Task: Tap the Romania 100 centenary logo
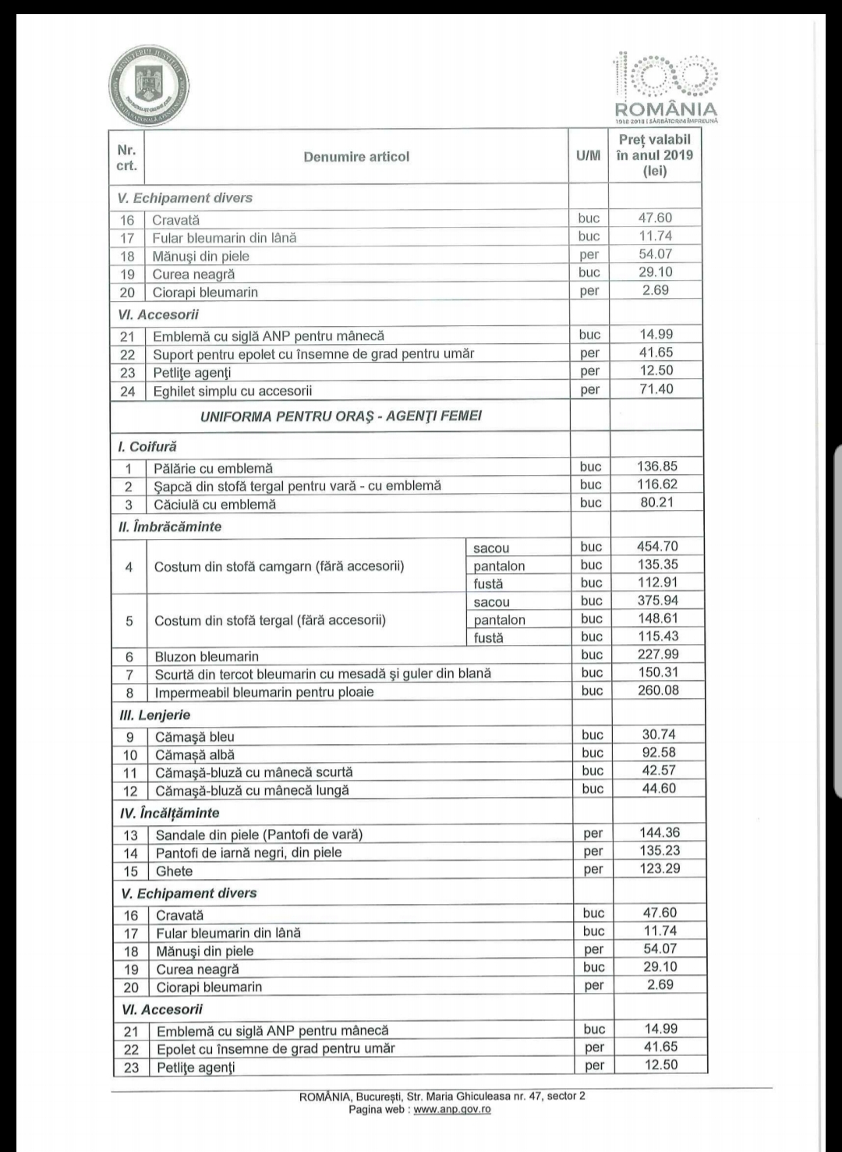pyautogui.click(x=665, y=86)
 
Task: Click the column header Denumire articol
pyautogui.click(x=356, y=157)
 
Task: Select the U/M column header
pyautogui.click(x=588, y=156)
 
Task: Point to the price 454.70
pyautogui.click(x=657, y=547)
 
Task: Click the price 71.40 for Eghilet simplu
pyautogui.click(x=656, y=389)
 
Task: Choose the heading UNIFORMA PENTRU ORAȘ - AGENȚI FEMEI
pyautogui.click(x=341, y=416)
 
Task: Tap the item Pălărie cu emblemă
pyautogui.click(x=213, y=468)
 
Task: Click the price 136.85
pyautogui.click(x=657, y=466)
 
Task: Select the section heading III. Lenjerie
pyautogui.click(x=154, y=714)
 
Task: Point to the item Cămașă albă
pyautogui.click(x=194, y=755)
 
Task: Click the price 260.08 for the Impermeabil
pyautogui.click(x=658, y=690)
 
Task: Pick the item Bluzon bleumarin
pyautogui.click(x=207, y=657)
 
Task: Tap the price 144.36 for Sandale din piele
pyautogui.click(x=660, y=833)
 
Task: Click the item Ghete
pyautogui.click(x=174, y=871)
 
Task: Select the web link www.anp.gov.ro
pyautogui.click(x=452, y=1109)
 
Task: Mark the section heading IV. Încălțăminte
pyautogui.click(x=168, y=813)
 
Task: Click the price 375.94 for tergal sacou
pyautogui.click(x=658, y=601)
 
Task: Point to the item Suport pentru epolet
pyautogui.click(x=313, y=353)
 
